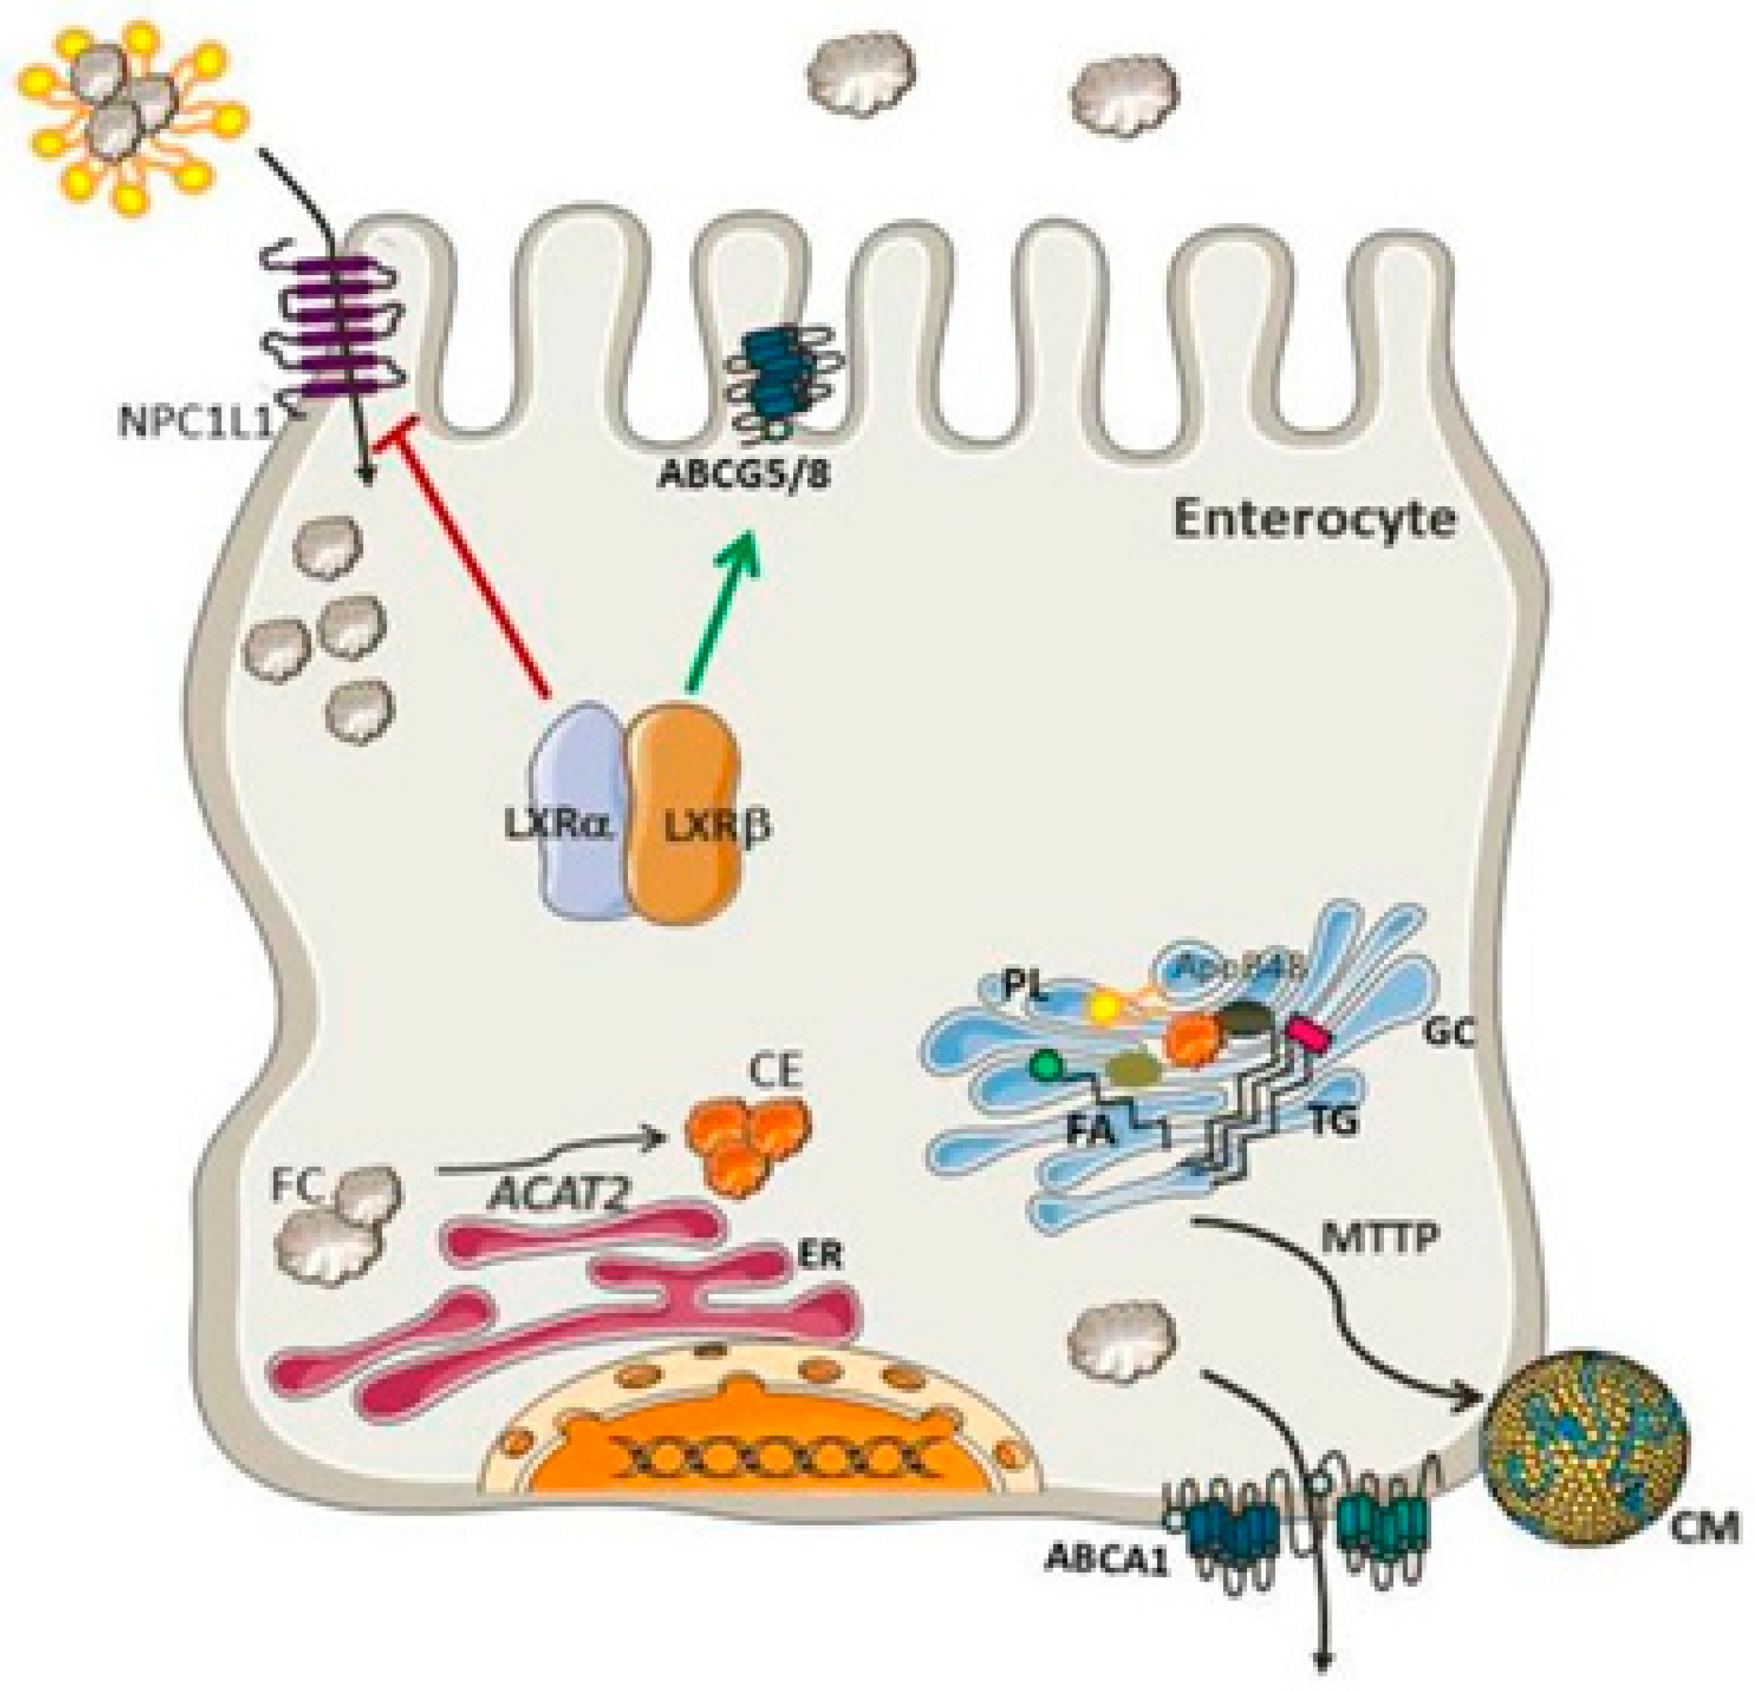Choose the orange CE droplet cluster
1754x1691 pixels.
(747, 1141)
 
